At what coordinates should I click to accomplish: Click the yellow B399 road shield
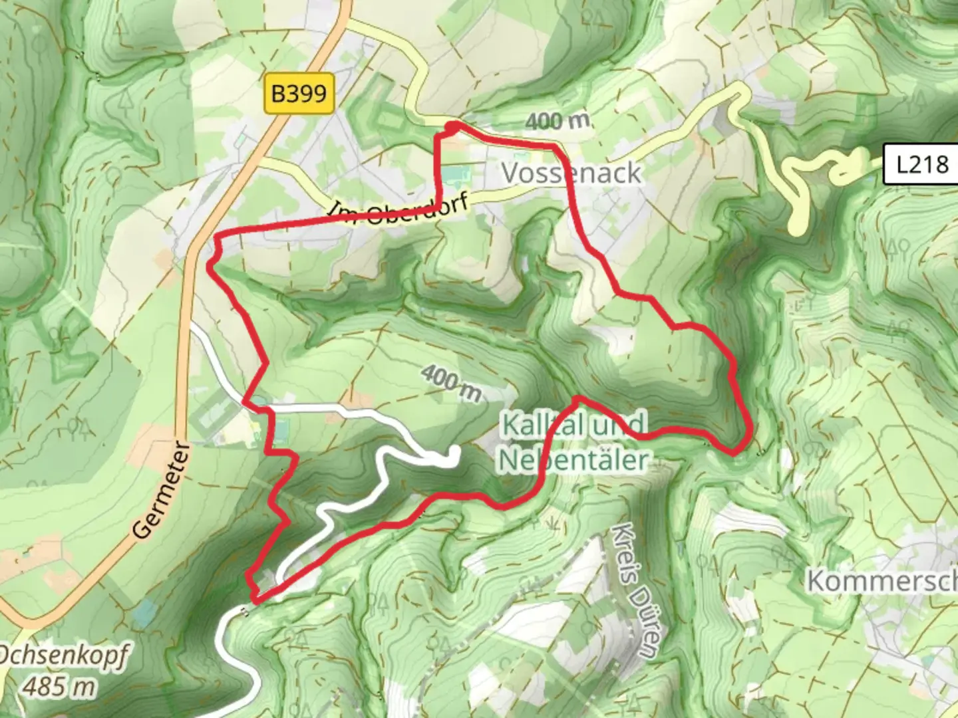pos(299,94)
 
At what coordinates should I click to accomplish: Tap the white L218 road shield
pos(921,164)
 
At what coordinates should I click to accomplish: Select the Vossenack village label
pos(571,173)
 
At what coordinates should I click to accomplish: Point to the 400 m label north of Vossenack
pos(558,121)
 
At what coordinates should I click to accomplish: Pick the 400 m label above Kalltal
pos(451,384)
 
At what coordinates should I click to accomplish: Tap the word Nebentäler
pos(573,459)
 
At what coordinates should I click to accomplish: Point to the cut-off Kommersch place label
pos(881,580)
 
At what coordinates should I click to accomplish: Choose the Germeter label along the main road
pos(162,490)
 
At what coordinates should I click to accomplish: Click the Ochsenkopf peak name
pos(63,655)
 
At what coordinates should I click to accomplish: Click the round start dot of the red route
pos(452,126)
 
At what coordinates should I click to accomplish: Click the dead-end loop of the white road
pos(454,454)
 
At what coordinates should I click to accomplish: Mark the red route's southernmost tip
pos(254,602)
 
